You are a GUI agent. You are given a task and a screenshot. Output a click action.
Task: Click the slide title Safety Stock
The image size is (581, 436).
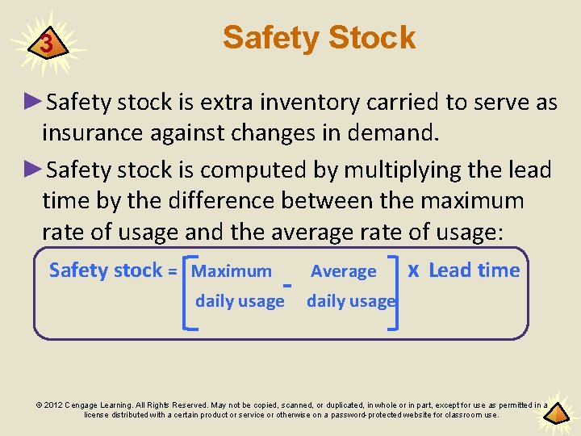tap(319, 37)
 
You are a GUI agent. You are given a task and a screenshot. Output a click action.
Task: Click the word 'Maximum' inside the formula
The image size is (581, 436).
tap(232, 272)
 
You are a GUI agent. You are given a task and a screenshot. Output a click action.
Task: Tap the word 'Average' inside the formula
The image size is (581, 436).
tap(344, 272)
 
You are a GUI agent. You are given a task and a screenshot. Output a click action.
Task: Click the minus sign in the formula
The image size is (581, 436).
tap(287, 284)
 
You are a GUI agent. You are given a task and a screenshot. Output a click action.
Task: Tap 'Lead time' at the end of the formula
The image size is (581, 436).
tap(474, 270)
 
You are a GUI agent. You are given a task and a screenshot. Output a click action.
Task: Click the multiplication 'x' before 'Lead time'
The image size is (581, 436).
tap(413, 270)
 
